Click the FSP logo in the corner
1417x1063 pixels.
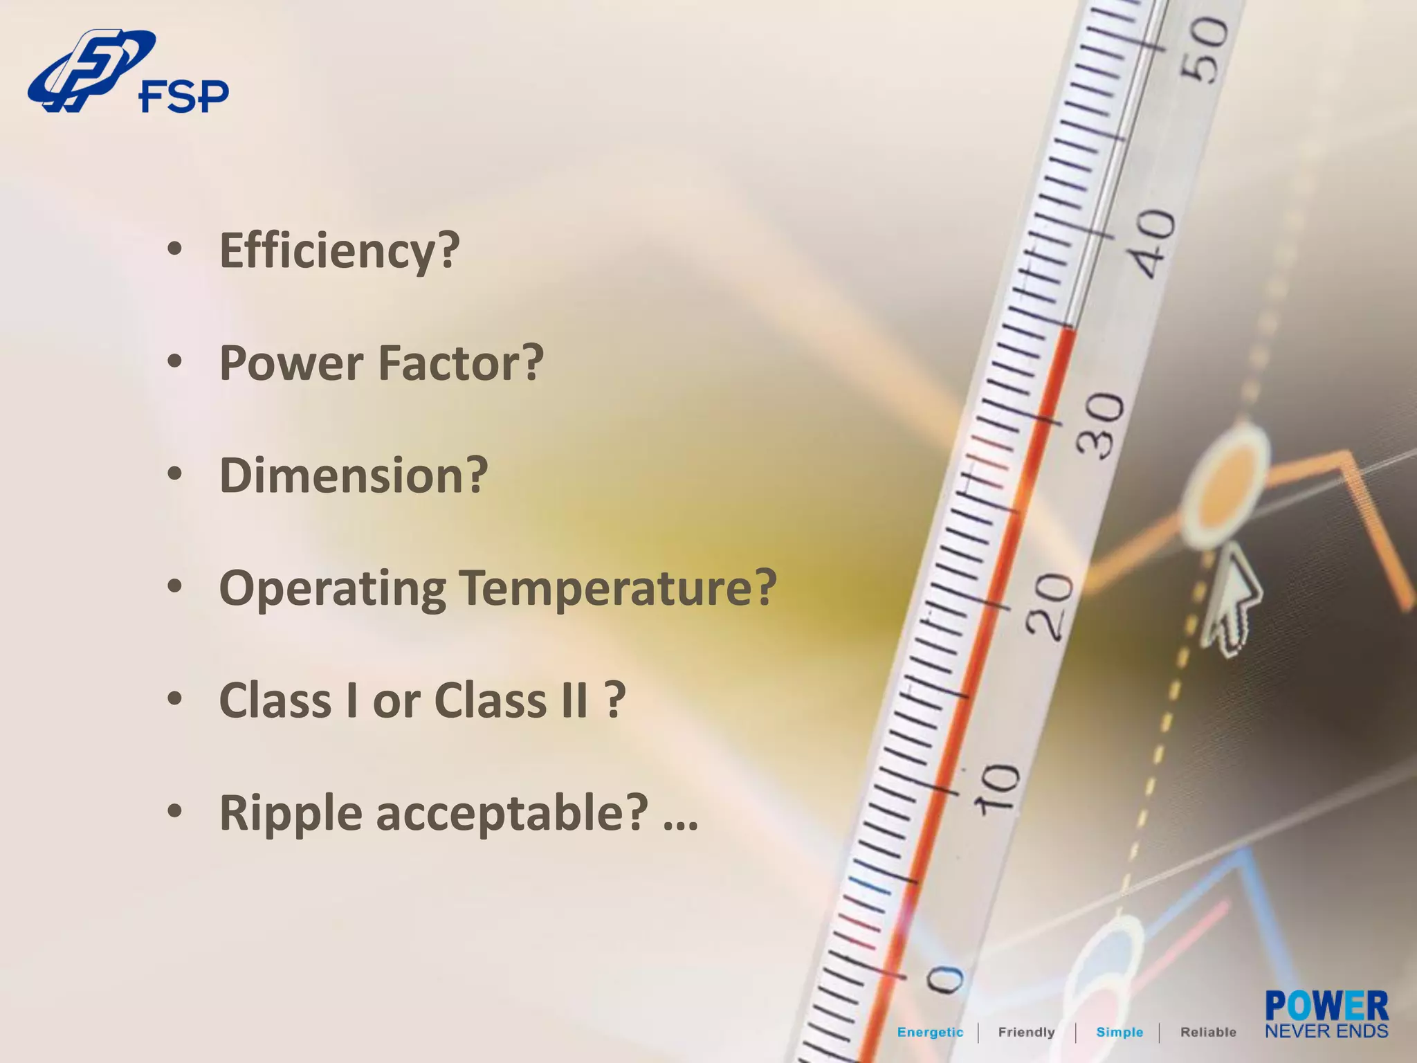point(128,73)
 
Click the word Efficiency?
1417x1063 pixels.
point(339,251)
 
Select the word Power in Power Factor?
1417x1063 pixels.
point(291,363)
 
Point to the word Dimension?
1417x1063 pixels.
point(354,476)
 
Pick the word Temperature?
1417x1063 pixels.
point(618,588)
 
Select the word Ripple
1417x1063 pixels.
point(291,814)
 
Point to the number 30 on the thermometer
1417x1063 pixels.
point(1103,426)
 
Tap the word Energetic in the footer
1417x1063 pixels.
point(930,1033)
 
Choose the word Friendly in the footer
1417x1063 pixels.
point(1026,1033)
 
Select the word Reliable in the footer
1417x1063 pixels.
point(1208,1033)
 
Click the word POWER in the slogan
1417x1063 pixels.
point(1326,1006)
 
